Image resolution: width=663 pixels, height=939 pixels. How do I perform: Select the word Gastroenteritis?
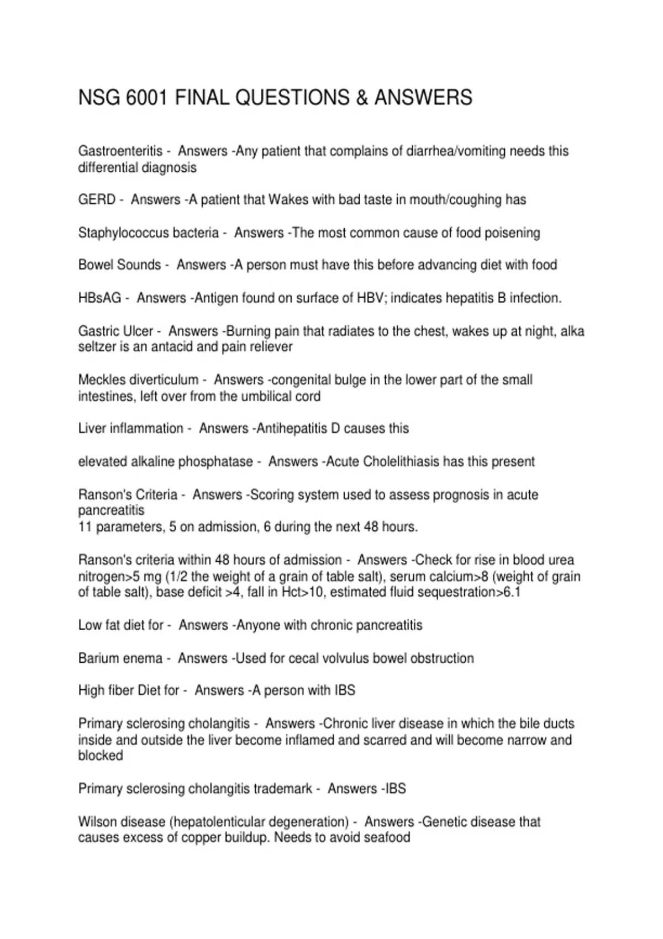120,151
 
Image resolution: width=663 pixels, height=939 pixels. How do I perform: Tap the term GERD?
97,199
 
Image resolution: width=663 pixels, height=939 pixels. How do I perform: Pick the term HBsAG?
99,298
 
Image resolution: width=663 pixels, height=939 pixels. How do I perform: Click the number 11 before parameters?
85,526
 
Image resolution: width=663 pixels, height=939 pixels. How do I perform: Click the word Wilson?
97,821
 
